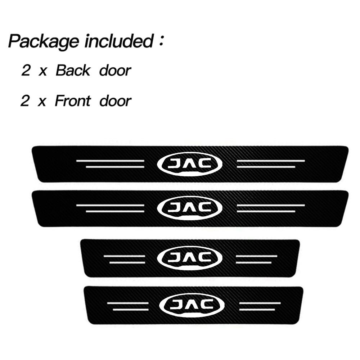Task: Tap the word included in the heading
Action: click(x=118, y=41)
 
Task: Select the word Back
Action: click(x=73, y=71)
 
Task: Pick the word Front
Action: click(x=72, y=101)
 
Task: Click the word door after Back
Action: click(x=115, y=71)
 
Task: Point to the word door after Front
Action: click(x=115, y=101)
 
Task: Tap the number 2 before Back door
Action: click(x=26, y=71)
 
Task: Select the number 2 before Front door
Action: click(x=25, y=101)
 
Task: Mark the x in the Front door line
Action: click(x=42, y=102)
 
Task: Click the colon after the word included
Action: click(x=161, y=42)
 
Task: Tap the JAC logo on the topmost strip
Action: click(x=190, y=164)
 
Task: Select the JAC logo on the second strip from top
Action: click(x=190, y=207)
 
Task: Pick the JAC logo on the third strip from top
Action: click(x=190, y=257)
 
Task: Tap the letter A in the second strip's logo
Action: click(x=190, y=207)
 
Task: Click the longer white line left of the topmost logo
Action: click(x=110, y=161)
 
